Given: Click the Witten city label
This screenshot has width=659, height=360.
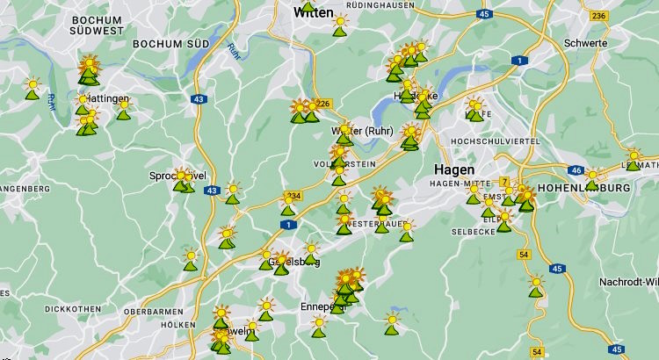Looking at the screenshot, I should click(x=313, y=12).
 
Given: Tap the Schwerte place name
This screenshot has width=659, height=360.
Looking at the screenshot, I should click(x=586, y=42).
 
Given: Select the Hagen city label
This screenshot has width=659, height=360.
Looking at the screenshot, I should click(x=453, y=169).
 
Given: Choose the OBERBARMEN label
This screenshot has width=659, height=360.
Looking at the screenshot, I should click(x=153, y=312).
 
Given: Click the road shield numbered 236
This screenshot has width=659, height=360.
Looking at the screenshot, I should click(x=599, y=16).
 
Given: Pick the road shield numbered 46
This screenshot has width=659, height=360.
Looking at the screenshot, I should click(x=576, y=170).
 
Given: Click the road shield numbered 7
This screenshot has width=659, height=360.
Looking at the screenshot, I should click(x=504, y=182).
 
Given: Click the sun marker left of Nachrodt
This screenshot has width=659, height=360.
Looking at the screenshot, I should click(x=536, y=284).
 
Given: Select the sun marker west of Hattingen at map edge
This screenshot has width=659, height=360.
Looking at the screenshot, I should click(x=33, y=87).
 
